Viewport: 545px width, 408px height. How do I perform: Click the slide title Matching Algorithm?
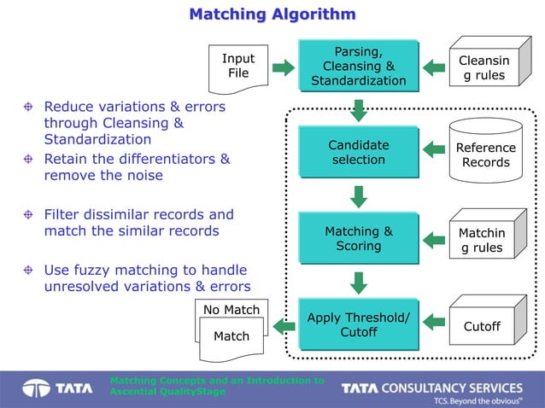[x=272, y=15]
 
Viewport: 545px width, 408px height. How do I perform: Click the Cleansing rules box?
[x=483, y=66]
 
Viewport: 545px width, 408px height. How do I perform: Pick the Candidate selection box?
[x=358, y=153]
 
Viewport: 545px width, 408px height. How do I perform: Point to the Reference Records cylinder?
[x=485, y=154]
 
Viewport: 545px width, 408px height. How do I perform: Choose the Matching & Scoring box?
[x=358, y=238]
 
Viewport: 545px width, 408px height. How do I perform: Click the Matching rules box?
[x=482, y=239]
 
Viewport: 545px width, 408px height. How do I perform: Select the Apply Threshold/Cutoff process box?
[x=358, y=323]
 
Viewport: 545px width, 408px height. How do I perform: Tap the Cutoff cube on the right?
[x=482, y=324]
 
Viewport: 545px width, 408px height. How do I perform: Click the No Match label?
[x=231, y=309]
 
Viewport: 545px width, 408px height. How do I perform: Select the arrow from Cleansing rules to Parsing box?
[x=435, y=66]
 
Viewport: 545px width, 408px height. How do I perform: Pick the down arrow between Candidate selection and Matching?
[x=359, y=197]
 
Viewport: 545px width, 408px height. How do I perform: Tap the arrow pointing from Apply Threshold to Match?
[x=283, y=323]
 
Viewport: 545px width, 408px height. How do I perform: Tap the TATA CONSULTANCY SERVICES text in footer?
[x=432, y=388]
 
